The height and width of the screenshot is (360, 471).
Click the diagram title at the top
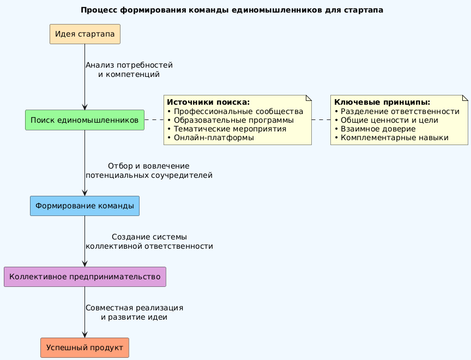232,10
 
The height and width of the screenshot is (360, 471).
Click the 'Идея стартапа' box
84,34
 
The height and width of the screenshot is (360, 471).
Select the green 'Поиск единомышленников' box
84,120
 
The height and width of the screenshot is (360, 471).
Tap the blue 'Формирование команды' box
84,206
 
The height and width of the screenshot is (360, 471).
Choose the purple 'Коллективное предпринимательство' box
84,277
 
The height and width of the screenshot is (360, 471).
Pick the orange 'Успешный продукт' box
84,347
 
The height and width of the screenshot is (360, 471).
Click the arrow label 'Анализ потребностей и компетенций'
129,70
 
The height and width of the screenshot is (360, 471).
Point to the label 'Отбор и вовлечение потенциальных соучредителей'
149,171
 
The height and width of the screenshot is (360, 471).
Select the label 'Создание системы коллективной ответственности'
149,242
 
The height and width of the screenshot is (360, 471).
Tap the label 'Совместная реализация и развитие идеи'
134,312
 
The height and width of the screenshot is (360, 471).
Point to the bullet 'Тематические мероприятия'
230,129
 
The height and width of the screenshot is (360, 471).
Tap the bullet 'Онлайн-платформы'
213,137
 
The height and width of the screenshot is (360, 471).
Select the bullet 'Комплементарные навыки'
394,137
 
